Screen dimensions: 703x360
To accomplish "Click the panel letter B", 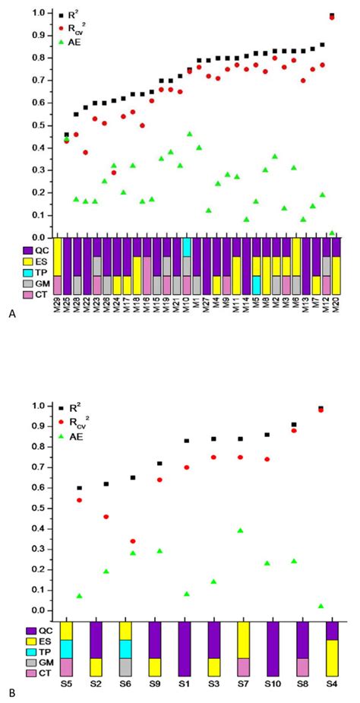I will click(x=11, y=692).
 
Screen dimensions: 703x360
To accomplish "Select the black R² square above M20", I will click(x=332, y=15).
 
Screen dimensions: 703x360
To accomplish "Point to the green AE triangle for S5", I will click(x=79, y=596).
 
